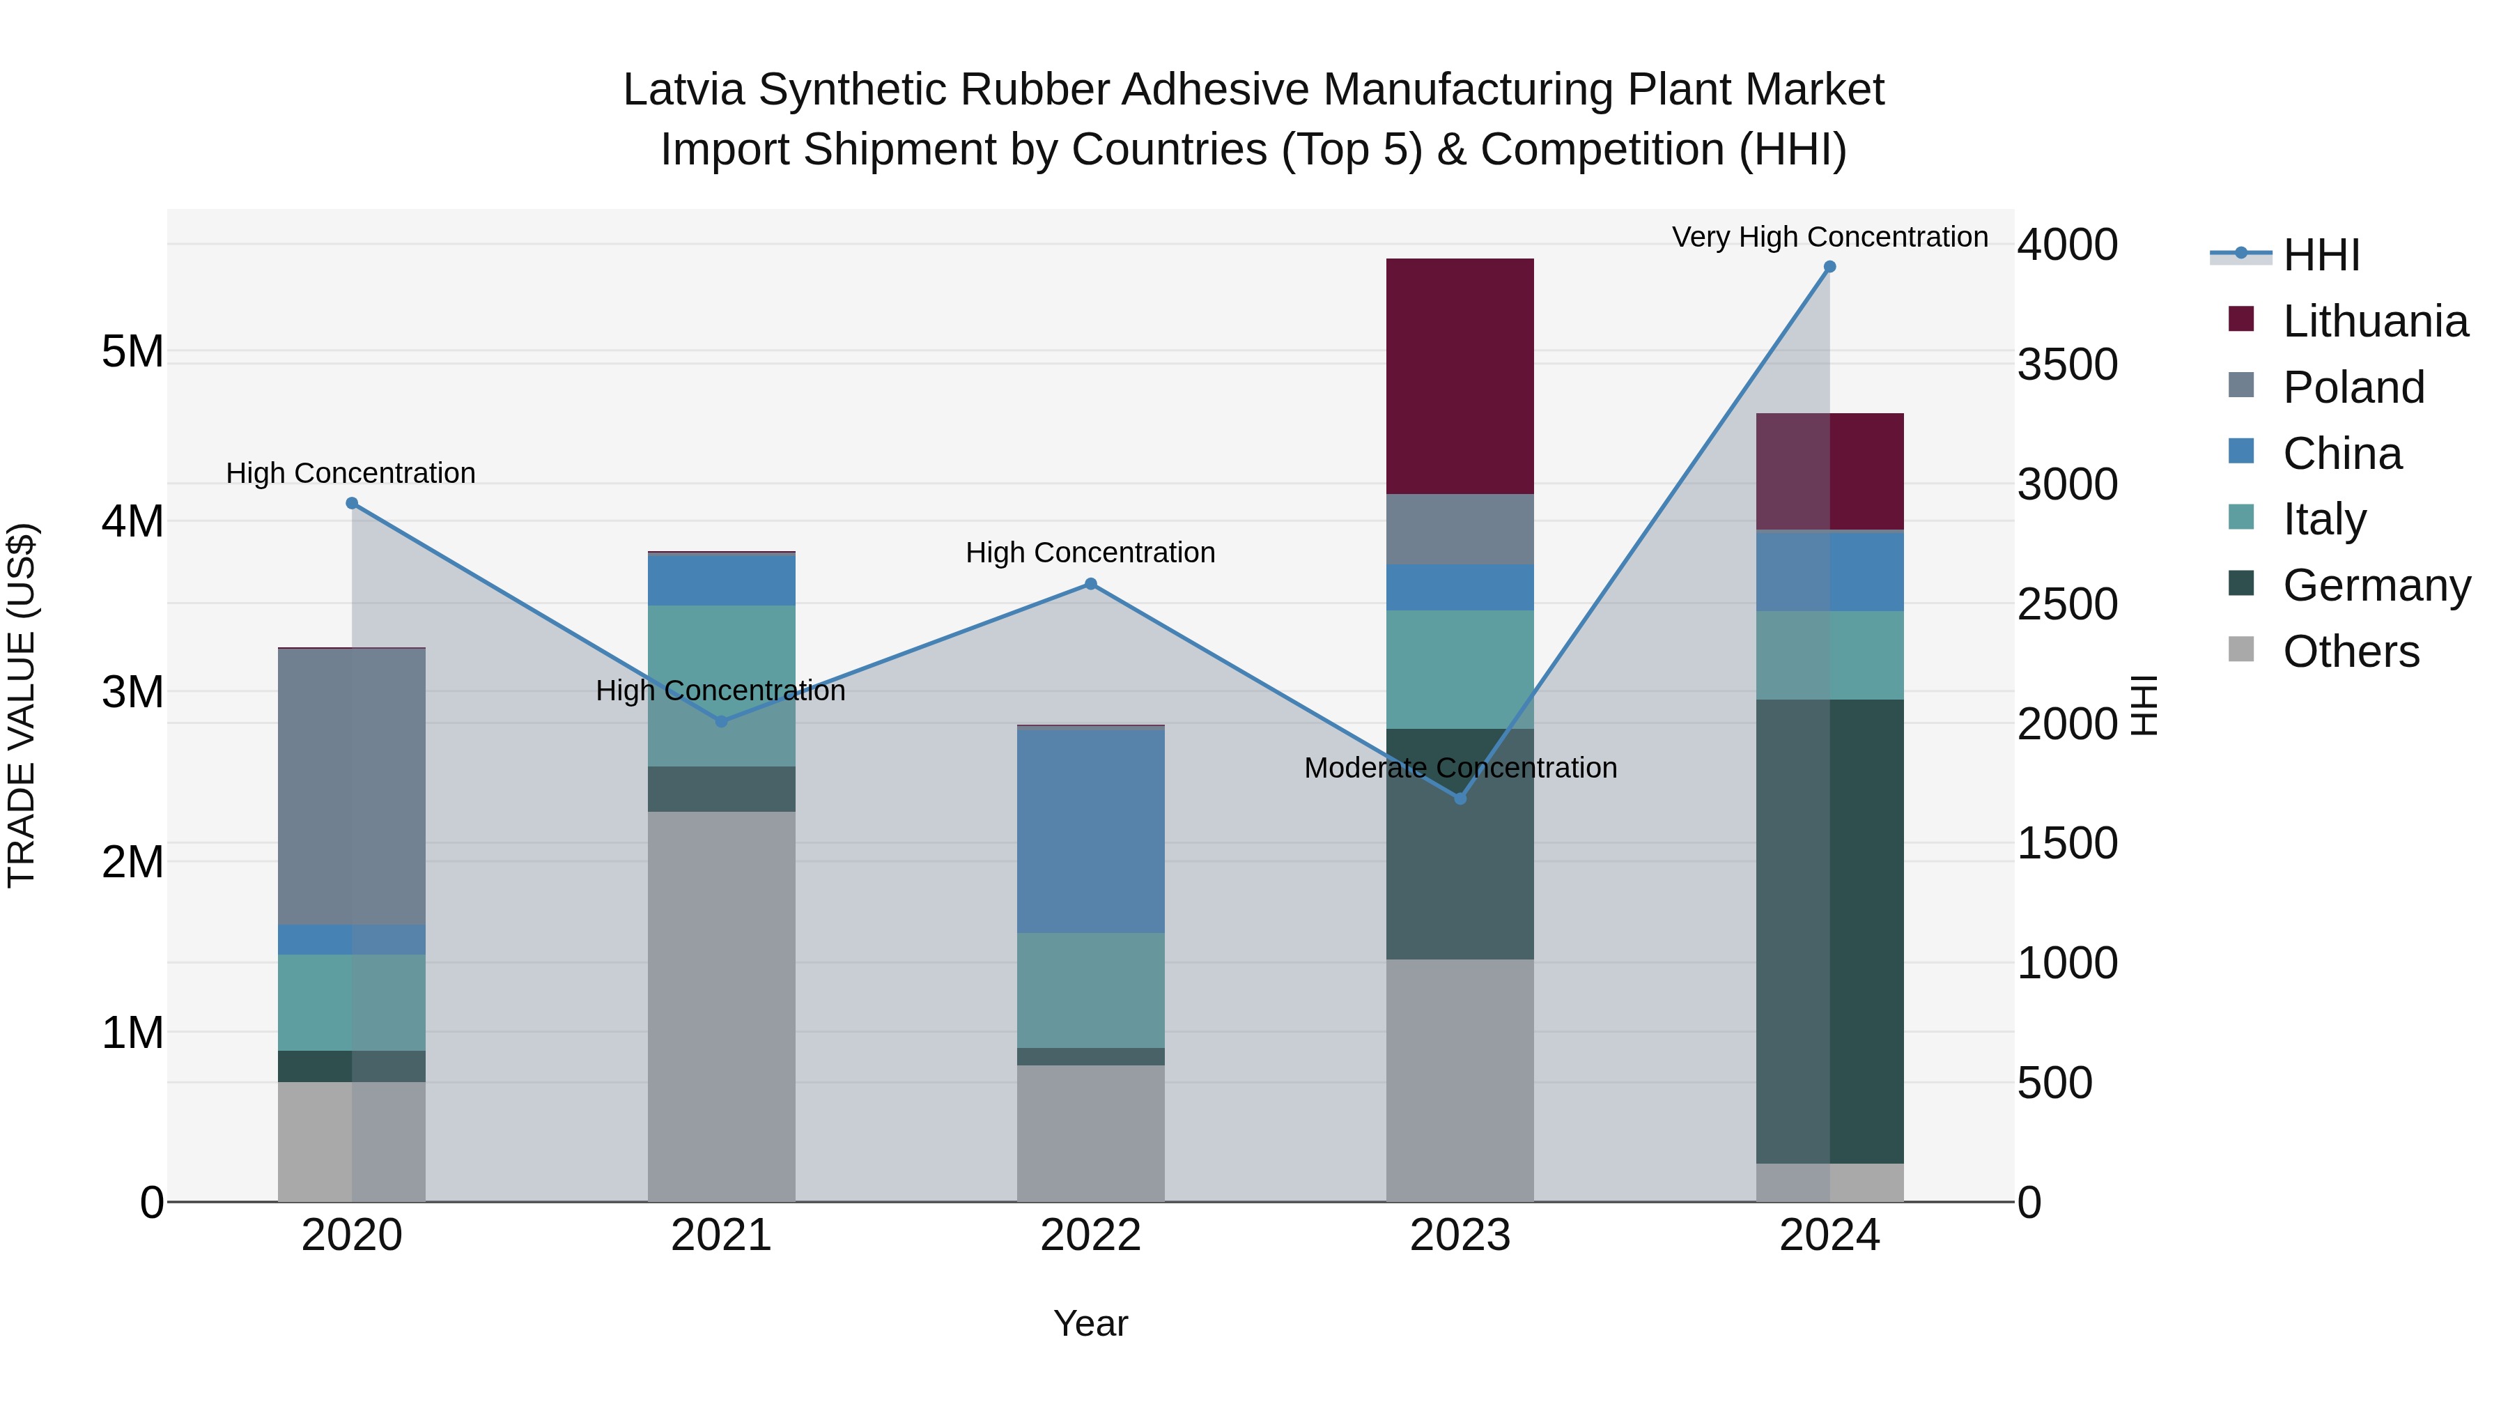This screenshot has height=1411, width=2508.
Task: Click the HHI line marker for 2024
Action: (x=1829, y=267)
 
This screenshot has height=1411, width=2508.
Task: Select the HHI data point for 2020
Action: (x=353, y=504)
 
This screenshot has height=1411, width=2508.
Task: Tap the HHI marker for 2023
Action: (x=1460, y=799)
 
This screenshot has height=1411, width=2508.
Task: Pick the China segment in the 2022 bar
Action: (x=1090, y=830)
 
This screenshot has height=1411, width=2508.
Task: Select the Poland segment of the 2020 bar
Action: (x=353, y=786)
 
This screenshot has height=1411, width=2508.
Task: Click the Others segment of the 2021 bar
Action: (x=722, y=1006)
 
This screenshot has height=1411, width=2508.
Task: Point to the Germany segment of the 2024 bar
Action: (x=1829, y=931)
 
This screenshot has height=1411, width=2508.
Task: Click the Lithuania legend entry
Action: (x=2375, y=321)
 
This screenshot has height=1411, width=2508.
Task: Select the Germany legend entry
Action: (x=2376, y=585)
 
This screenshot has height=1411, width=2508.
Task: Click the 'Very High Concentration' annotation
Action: (x=1829, y=237)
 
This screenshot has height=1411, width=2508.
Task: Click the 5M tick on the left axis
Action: (x=132, y=352)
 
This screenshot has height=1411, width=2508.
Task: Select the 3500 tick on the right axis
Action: (x=2066, y=365)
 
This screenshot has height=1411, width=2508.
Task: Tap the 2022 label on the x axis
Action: (x=1090, y=1235)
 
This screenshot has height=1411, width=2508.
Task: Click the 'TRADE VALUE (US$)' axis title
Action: (x=22, y=705)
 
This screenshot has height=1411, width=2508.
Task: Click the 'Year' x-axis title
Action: (x=1090, y=1323)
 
